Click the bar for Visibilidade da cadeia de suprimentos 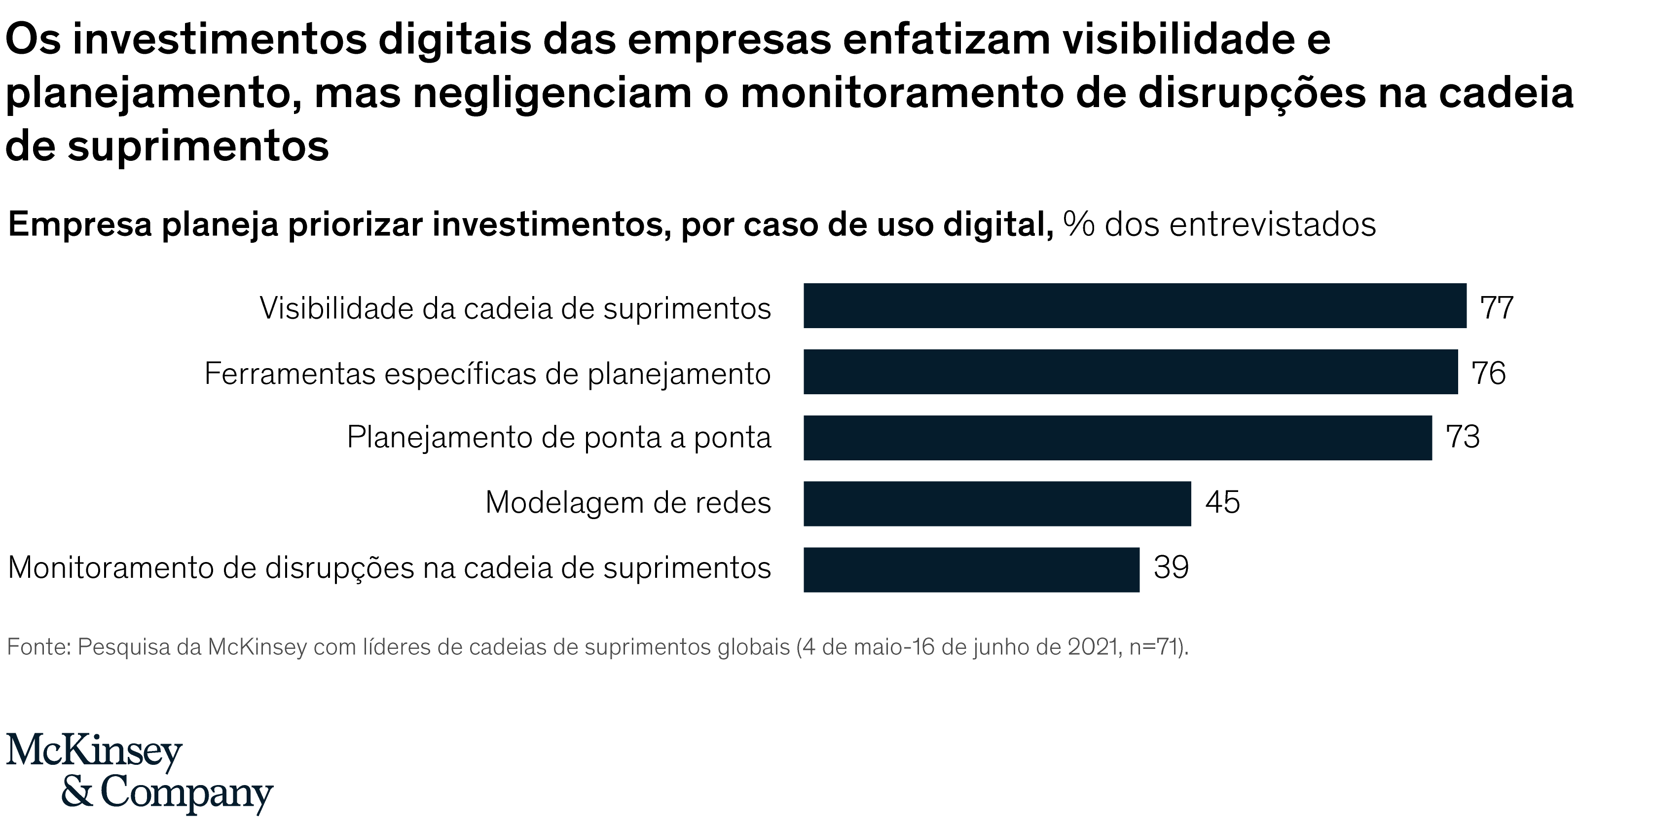pos(1135,305)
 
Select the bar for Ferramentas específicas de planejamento pos(1130,372)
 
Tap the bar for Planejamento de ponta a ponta pos(1117,438)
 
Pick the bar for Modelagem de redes pos(997,503)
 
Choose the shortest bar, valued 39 pos(971,569)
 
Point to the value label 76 pos(1488,373)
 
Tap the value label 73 pos(1463,438)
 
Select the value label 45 pos(1222,503)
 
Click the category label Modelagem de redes pos(627,503)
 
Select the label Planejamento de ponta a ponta pos(559,438)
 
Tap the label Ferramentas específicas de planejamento pos(487,374)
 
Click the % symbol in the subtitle pos(1079,224)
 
